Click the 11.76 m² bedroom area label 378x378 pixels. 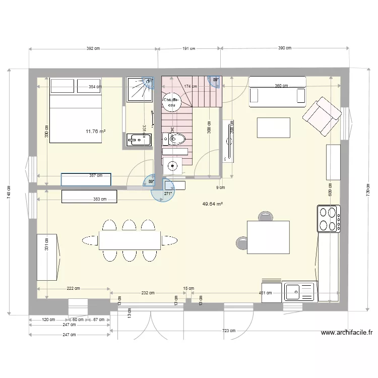pos(96,132)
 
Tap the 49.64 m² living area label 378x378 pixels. pos(213,204)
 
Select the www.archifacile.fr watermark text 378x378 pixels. pos(346,332)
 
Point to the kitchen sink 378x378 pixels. pos(299,292)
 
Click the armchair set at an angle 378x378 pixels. pos(321,117)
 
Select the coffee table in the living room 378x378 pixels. pos(274,128)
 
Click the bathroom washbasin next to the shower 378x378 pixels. pos(137,140)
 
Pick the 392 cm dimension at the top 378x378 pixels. pos(94,48)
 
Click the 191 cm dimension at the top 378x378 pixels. pos(188,48)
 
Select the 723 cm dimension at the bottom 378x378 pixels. pos(228,331)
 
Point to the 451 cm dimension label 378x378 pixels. pos(265,292)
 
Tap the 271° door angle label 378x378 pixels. pos(168,193)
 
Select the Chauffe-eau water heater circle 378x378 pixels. pos(172,102)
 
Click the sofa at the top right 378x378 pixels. pos(278,91)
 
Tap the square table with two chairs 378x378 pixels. pos(268,237)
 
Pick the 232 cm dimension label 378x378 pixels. pos(148,292)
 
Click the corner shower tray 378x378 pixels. pos(139,89)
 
